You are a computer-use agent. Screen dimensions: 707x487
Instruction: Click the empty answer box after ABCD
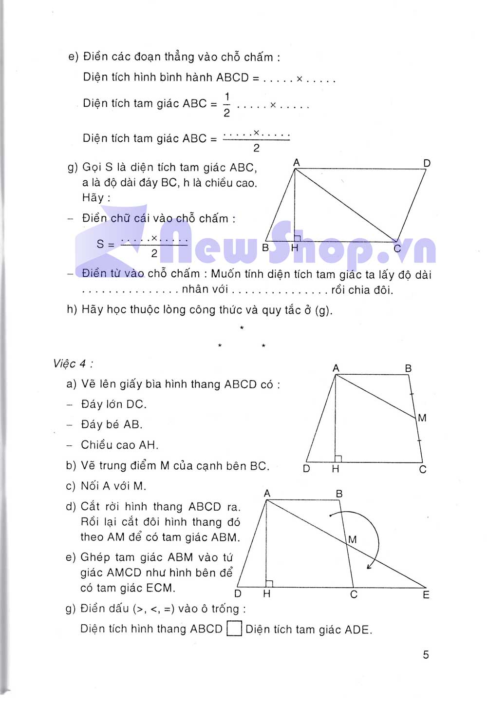(x=235, y=629)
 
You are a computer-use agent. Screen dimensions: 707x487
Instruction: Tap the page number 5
(x=426, y=654)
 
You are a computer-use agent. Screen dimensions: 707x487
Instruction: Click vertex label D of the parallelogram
(x=427, y=163)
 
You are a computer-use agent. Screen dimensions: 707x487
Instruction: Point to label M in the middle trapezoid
(x=422, y=418)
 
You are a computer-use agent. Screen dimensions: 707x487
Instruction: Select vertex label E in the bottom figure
(x=426, y=594)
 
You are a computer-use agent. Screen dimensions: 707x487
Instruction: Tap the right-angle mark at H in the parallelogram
(x=298, y=238)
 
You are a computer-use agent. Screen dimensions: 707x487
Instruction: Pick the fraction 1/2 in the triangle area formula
(x=226, y=104)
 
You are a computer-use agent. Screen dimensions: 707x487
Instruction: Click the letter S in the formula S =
(x=100, y=244)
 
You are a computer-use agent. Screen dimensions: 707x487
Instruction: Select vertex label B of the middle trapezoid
(x=408, y=368)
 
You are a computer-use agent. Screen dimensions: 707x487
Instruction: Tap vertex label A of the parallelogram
(x=296, y=162)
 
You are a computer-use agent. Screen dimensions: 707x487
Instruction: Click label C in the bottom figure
(x=354, y=594)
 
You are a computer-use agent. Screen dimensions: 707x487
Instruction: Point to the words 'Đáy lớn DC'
(x=113, y=404)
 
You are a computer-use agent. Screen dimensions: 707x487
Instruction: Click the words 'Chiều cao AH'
(x=119, y=445)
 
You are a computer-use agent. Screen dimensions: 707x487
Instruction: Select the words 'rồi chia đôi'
(x=362, y=290)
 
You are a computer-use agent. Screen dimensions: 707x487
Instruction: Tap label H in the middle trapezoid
(x=336, y=469)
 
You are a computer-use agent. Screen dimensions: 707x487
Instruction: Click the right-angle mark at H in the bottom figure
(x=269, y=583)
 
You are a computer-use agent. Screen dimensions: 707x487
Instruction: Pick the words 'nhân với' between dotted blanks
(x=205, y=289)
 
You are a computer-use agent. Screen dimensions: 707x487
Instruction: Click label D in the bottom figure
(x=238, y=593)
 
